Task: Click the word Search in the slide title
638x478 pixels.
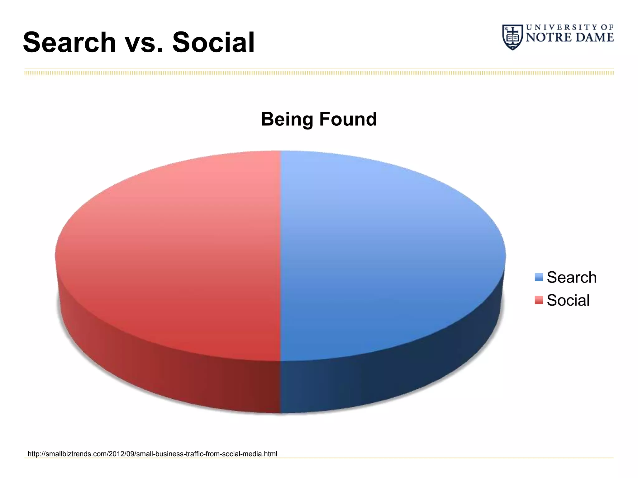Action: point(69,43)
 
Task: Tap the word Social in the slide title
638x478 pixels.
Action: point(214,43)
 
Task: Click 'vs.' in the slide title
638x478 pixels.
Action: point(144,44)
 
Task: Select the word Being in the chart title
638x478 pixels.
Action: point(287,119)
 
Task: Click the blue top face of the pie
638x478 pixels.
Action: point(389,255)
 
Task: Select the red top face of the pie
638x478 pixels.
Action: point(171,255)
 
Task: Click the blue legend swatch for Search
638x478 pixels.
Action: point(539,277)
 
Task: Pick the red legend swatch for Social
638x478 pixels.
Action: point(539,300)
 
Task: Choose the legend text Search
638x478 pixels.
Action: point(572,277)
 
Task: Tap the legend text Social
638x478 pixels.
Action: point(568,300)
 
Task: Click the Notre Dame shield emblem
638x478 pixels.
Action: point(512,37)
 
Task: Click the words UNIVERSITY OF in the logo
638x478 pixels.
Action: point(570,27)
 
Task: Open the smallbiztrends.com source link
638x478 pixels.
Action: point(152,454)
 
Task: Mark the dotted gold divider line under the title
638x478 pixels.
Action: point(319,73)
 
